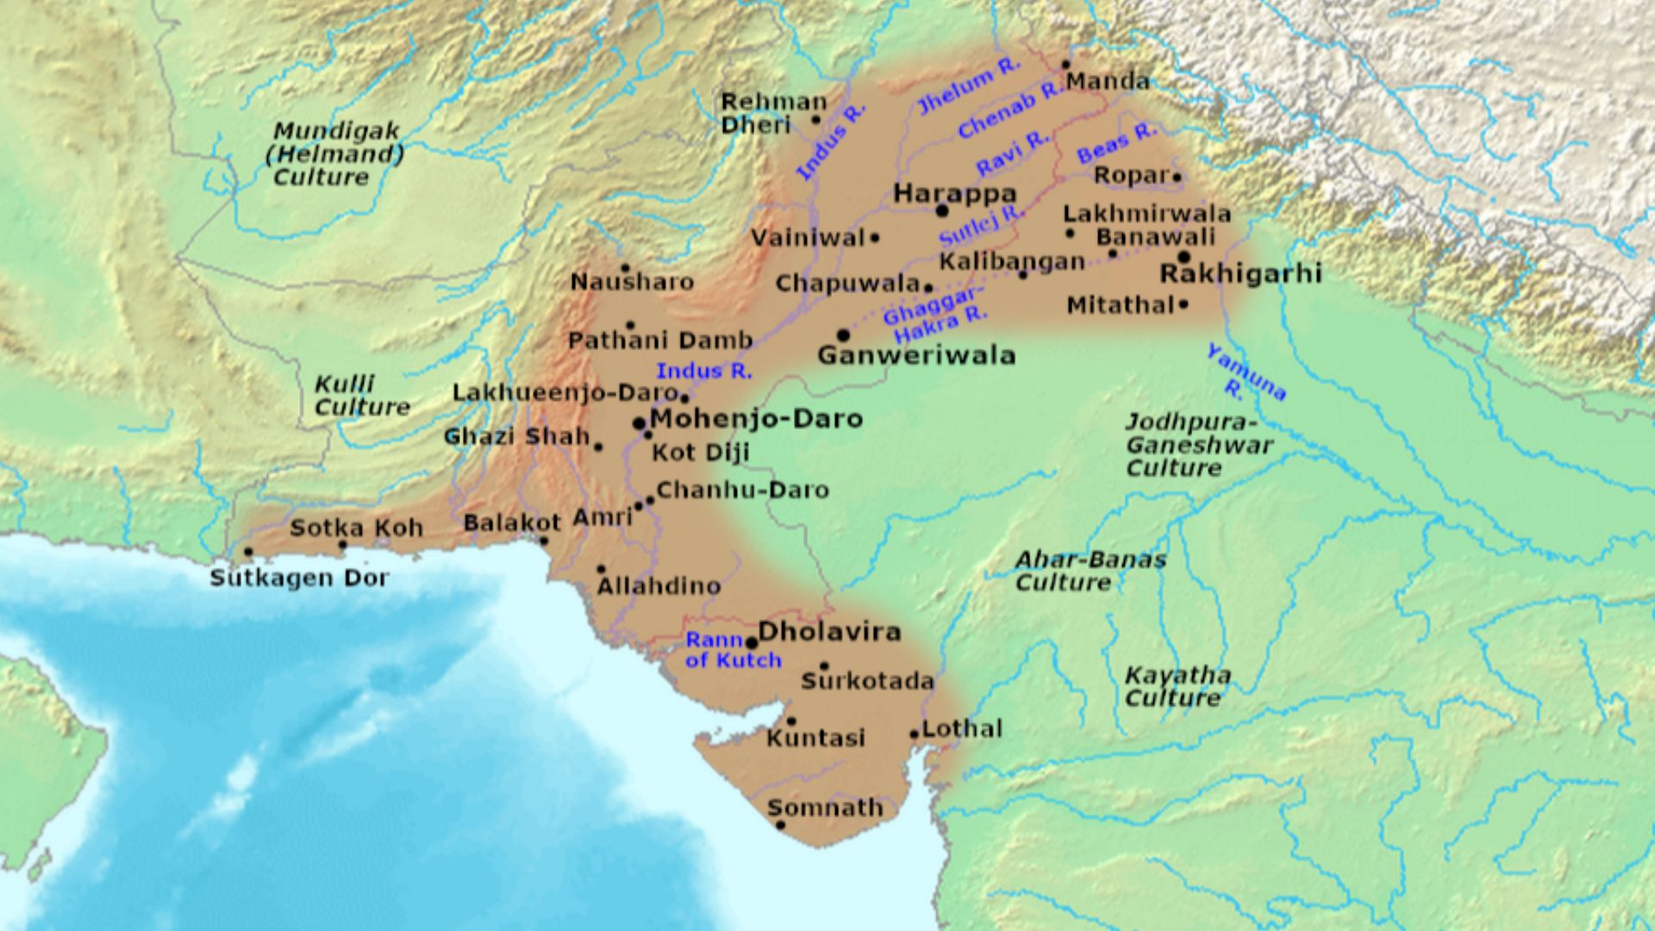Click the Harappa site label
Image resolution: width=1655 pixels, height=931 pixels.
pos(954,193)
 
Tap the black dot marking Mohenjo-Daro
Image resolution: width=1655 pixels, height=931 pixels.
pos(639,423)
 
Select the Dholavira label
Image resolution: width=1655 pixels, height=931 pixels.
pos(829,631)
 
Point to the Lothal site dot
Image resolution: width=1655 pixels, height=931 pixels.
pos(914,734)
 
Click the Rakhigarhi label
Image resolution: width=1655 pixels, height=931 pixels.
pos(1240,274)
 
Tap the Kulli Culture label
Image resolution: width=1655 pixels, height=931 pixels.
pos(361,396)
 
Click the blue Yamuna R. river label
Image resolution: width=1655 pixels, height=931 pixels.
pos(1245,372)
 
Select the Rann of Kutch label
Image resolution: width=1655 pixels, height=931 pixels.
pos(733,650)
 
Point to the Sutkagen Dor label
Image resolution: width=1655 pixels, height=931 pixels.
pos(299,578)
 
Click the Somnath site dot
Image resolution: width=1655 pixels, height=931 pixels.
pos(780,825)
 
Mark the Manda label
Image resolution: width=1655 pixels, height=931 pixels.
pos(1108,82)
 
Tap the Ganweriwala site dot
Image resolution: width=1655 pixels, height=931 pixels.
pos(843,335)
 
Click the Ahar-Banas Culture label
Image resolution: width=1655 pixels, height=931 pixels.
pos(1090,571)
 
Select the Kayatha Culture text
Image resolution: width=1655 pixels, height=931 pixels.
pos(1177,686)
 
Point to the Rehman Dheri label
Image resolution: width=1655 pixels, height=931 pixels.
pos(772,113)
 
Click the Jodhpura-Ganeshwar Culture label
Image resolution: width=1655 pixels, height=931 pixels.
pos(1198,445)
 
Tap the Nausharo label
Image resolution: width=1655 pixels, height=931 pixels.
pos(632,282)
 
